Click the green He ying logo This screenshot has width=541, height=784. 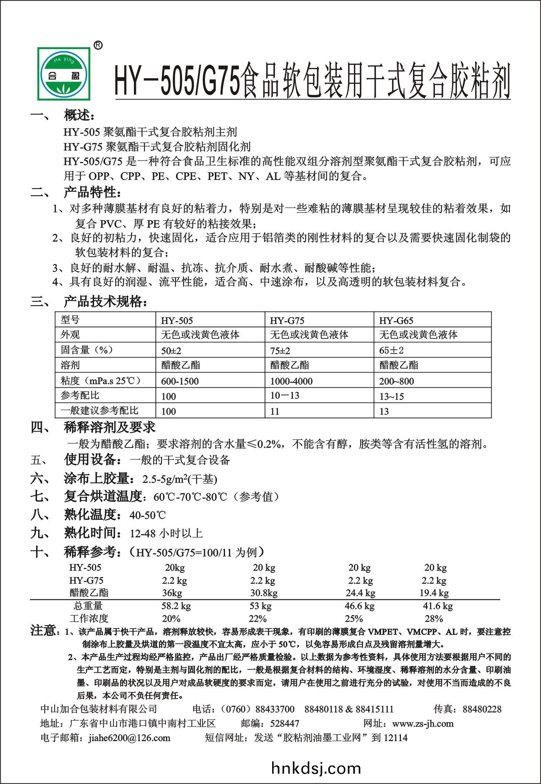[65, 73]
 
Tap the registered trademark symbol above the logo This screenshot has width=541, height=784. [98, 46]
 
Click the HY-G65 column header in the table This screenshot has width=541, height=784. [396, 321]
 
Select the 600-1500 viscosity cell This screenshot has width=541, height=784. [180, 381]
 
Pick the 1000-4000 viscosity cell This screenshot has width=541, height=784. [291, 381]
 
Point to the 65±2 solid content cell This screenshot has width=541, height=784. [391, 350]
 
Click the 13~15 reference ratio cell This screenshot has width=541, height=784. [391, 396]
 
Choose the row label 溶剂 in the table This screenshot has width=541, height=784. [70, 365]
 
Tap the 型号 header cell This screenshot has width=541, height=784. [70, 320]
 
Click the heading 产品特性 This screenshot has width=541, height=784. [91, 193]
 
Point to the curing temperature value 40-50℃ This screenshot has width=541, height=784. [148, 515]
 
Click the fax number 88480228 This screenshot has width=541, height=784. [482, 709]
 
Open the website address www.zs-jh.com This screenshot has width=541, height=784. [423, 724]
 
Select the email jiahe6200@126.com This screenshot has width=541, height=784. [129, 738]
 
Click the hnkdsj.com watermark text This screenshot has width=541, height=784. [316, 768]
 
